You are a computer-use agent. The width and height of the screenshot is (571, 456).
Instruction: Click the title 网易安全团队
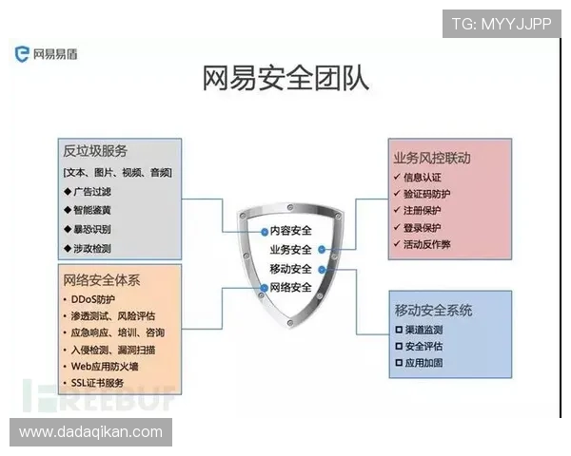(x=285, y=79)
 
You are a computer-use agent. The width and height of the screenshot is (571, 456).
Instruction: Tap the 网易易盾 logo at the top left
(x=46, y=54)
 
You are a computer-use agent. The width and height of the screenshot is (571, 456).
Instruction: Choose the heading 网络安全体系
(x=102, y=280)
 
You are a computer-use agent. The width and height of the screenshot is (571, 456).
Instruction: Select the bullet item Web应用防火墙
(x=107, y=366)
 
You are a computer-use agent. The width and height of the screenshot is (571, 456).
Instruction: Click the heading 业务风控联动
(x=432, y=158)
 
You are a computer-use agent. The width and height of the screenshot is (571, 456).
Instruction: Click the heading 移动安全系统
(x=433, y=311)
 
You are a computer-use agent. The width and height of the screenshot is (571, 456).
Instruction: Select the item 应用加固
(x=423, y=363)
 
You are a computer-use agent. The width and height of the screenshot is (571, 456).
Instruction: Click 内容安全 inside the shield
(x=290, y=230)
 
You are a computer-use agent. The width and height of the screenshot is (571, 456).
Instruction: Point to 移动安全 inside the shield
(x=290, y=269)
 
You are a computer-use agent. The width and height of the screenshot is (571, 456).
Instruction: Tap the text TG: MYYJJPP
(x=501, y=23)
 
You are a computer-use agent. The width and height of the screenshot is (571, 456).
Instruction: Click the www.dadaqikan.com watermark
(x=90, y=432)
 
